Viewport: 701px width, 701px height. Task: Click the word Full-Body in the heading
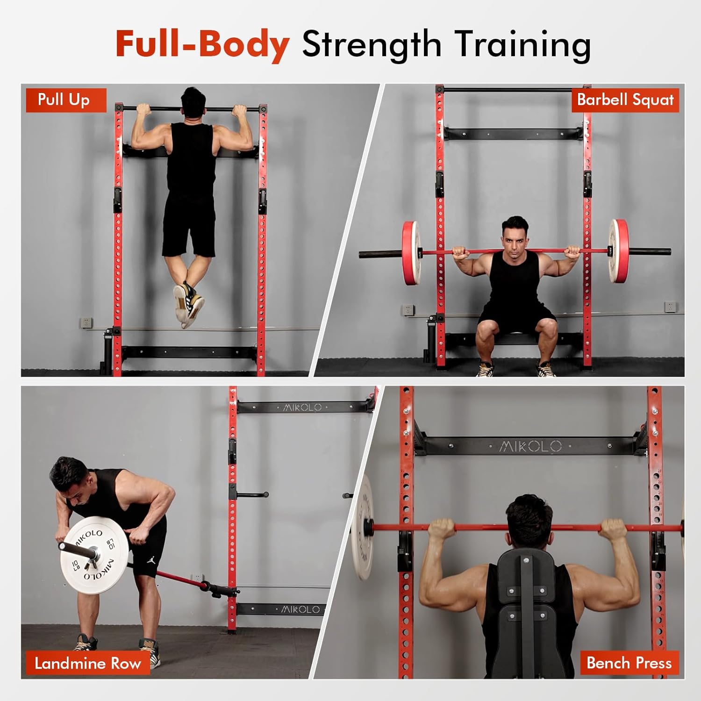pyautogui.click(x=202, y=44)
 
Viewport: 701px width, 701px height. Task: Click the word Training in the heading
pyautogui.click(x=522, y=45)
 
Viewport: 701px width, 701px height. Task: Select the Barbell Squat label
pyautogui.click(x=625, y=100)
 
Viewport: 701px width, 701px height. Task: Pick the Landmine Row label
pyautogui.click(x=87, y=663)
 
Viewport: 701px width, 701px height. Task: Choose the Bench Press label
pyautogui.click(x=629, y=663)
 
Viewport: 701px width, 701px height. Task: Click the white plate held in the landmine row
pyautogui.click(x=94, y=555)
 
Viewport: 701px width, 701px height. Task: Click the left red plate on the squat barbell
pyautogui.click(x=411, y=253)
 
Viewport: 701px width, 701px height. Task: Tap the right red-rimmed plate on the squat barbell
pyautogui.click(x=618, y=251)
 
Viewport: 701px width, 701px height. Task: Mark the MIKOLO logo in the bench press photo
pyautogui.click(x=530, y=446)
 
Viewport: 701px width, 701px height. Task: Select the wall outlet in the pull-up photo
pyautogui.click(x=86, y=322)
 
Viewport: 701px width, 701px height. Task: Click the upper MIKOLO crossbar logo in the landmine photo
pyautogui.click(x=302, y=408)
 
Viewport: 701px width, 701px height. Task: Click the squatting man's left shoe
pyautogui.click(x=546, y=369)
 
